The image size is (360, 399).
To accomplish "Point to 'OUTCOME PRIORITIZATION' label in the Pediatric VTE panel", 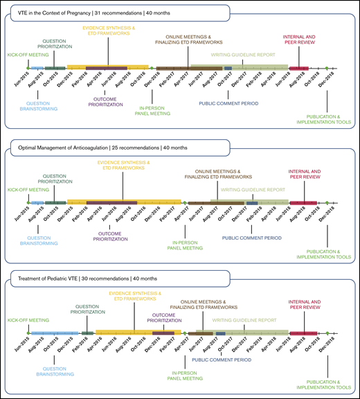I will pyautogui.click(x=164, y=317).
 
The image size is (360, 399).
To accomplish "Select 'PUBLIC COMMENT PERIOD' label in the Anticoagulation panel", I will pyautogui.click(x=251, y=238).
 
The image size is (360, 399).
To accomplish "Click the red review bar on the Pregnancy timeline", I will pyautogui.click(x=299, y=68).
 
